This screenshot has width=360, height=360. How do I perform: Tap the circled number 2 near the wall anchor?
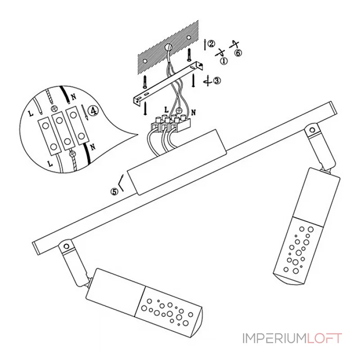coord(211,44)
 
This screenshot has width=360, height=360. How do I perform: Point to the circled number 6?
coord(238,53)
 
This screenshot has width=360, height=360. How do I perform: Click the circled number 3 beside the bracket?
coord(217,81)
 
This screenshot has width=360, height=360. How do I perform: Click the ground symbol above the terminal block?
coord(179,109)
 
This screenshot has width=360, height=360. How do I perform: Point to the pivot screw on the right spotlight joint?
coord(310,130)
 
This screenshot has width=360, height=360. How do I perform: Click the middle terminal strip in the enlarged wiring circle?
coord(59,128)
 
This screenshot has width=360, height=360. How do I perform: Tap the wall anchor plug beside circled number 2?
coord(205,44)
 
